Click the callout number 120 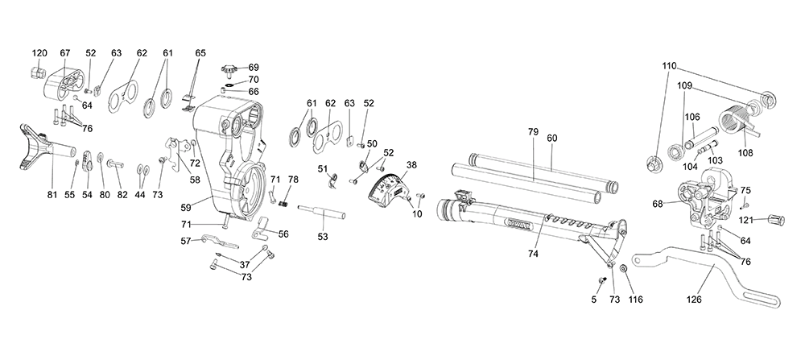tap(39, 53)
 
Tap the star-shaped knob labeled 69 tap(229, 68)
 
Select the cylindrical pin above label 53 tap(321, 212)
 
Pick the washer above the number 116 tap(623, 268)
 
